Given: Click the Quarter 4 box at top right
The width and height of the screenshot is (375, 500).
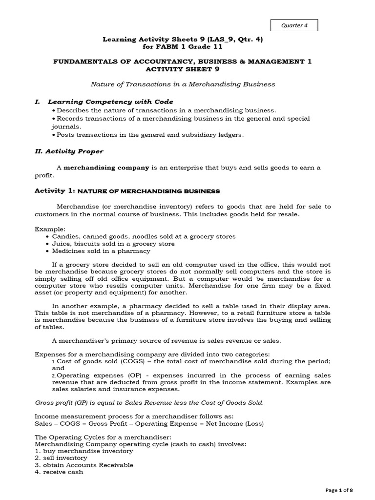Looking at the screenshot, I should [x=294, y=25].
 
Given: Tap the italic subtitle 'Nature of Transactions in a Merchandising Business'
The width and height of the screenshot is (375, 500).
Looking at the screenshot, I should [x=183, y=84].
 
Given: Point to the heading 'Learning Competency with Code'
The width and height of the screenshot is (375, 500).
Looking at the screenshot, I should [x=110, y=102].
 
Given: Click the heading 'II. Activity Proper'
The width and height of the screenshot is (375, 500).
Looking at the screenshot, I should [x=69, y=151].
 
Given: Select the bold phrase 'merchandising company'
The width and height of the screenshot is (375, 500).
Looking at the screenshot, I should [x=106, y=167].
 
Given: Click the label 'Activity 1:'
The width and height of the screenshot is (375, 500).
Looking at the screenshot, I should [x=55, y=191].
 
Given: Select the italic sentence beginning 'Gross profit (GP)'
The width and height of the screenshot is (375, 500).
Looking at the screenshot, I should [x=149, y=402].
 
